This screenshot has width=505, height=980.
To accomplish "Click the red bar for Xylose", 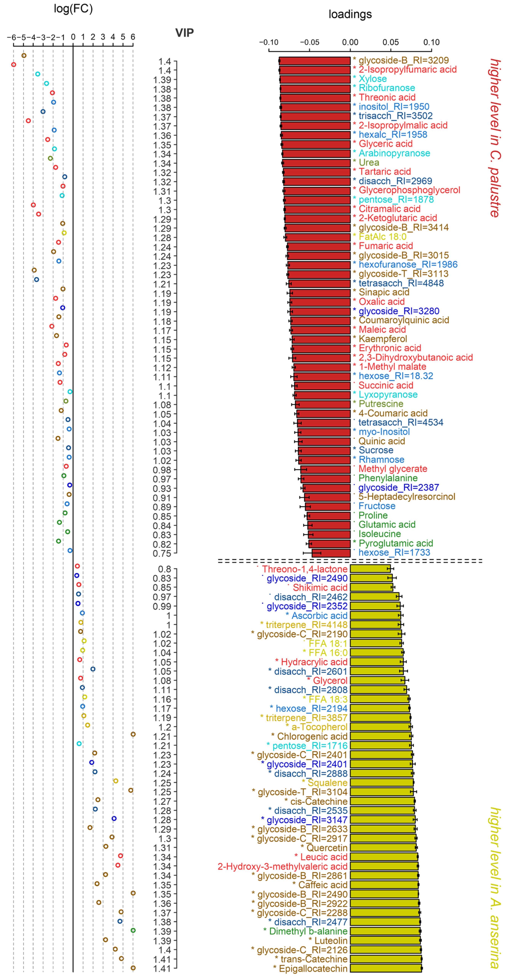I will [315, 79].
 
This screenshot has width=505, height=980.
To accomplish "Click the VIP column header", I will [184, 33].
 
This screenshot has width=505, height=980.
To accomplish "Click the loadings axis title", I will [350, 14].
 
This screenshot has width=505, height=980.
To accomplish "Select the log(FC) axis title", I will [73, 8].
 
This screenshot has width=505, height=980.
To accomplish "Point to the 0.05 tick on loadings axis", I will [391, 42].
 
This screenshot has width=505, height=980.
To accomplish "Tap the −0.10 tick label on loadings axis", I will [268, 42].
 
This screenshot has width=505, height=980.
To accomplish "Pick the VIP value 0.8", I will [165, 569].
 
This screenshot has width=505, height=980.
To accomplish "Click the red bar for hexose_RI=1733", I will [331, 553].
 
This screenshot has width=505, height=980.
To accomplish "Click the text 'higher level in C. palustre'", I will [494, 138].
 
